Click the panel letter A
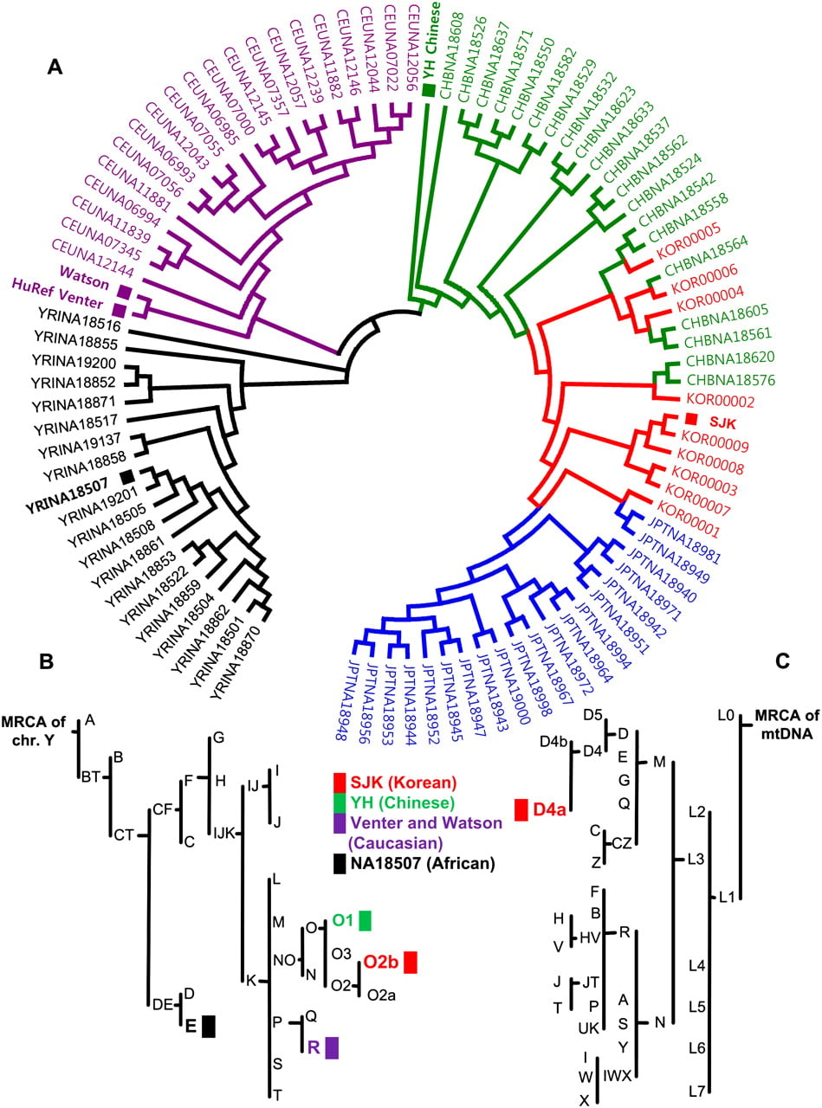[x=55, y=67]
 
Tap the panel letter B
[x=47, y=660]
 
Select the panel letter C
[x=782, y=660]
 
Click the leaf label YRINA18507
[x=67, y=495]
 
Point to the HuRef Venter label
[x=57, y=293]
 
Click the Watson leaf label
[x=85, y=278]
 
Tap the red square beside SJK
[x=691, y=418]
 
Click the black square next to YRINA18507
[x=128, y=477]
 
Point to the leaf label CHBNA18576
[x=730, y=380]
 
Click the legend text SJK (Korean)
[x=404, y=783]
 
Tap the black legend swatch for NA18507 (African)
[x=340, y=864]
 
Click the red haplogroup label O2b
[x=380, y=962]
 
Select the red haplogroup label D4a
[x=549, y=809]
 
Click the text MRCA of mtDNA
[x=787, y=725]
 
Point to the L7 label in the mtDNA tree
[x=696, y=1092]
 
